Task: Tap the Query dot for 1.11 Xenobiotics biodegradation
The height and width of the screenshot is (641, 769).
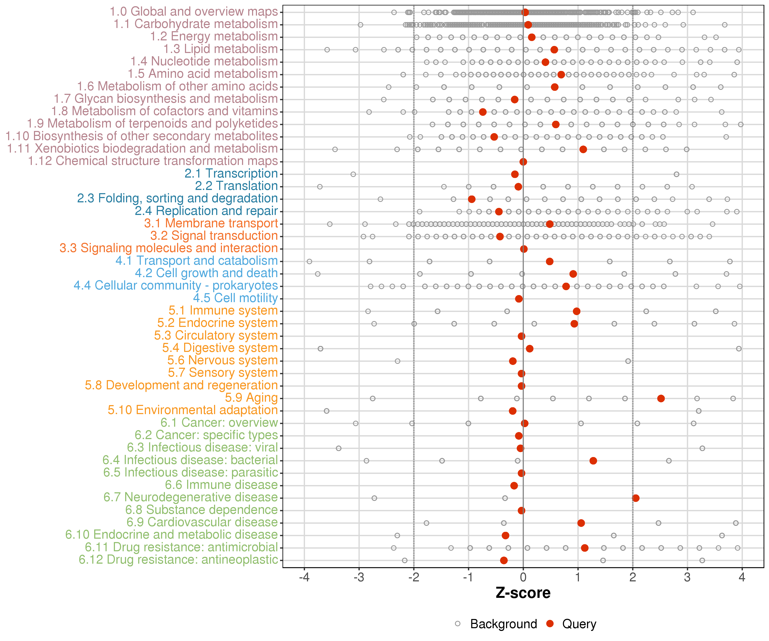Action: point(583,149)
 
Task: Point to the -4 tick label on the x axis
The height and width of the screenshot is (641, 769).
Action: point(304,577)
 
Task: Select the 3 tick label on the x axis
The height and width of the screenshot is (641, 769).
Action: point(687,577)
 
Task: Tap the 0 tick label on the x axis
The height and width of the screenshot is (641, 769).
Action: point(523,577)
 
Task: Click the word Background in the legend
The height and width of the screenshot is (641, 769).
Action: point(503,624)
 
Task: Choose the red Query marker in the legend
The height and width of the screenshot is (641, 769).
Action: point(550,623)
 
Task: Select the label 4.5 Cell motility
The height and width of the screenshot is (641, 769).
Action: point(235,298)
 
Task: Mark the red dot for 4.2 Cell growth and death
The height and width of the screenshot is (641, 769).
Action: point(573,274)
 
